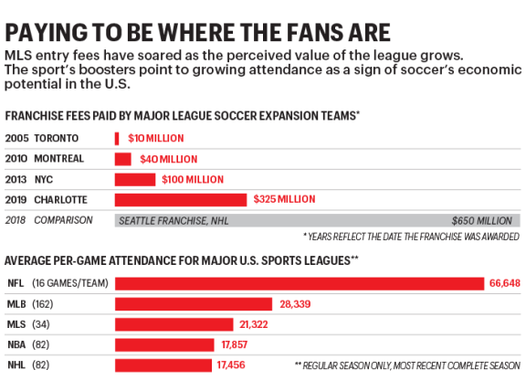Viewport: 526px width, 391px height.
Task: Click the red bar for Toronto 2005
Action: [x=117, y=138]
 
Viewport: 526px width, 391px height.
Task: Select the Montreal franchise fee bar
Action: [x=122, y=158]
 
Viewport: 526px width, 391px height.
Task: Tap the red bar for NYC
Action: [x=134, y=179]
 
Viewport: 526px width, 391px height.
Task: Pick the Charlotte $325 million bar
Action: [x=180, y=199]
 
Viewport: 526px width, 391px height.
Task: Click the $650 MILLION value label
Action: [x=482, y=220]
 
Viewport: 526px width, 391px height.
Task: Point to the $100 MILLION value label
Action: [x=191, y=179]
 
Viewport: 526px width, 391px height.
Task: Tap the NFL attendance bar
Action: [x=299, y=283]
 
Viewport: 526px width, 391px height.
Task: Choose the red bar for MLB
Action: [x=193, y=303]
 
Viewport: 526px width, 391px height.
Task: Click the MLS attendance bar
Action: [x=174, y=324]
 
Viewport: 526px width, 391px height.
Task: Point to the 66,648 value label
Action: [x=504, y=283]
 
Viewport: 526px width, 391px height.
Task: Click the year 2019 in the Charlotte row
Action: [x=16, y=199]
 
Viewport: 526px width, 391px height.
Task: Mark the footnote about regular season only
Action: [x=406, y=365]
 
